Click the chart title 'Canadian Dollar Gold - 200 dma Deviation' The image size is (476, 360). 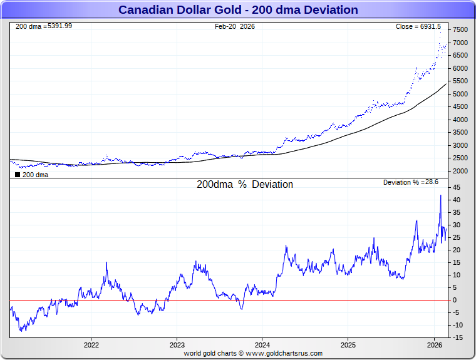tap(238, 10)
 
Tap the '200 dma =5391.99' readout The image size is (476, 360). tap(43, 26)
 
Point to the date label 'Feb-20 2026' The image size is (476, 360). tap(235, 26)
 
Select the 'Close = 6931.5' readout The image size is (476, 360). tap(418, 26)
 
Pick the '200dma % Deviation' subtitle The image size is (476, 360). tap(245, 185)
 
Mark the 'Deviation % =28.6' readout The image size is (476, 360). tap(411, 182)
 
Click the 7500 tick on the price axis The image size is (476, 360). tap(460, 29)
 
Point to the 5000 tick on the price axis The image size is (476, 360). tap(460, 94)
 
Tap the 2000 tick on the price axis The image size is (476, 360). tap(460, 171)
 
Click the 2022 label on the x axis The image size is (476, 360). tap(91, 345)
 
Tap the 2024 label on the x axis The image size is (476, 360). tap(262, 345)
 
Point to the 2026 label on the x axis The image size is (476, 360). tap(434, 345)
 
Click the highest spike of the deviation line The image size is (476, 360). tap(440, 195)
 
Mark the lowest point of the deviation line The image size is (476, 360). tap(21, 331)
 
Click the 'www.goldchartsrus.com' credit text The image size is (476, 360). tap(284, 353)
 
